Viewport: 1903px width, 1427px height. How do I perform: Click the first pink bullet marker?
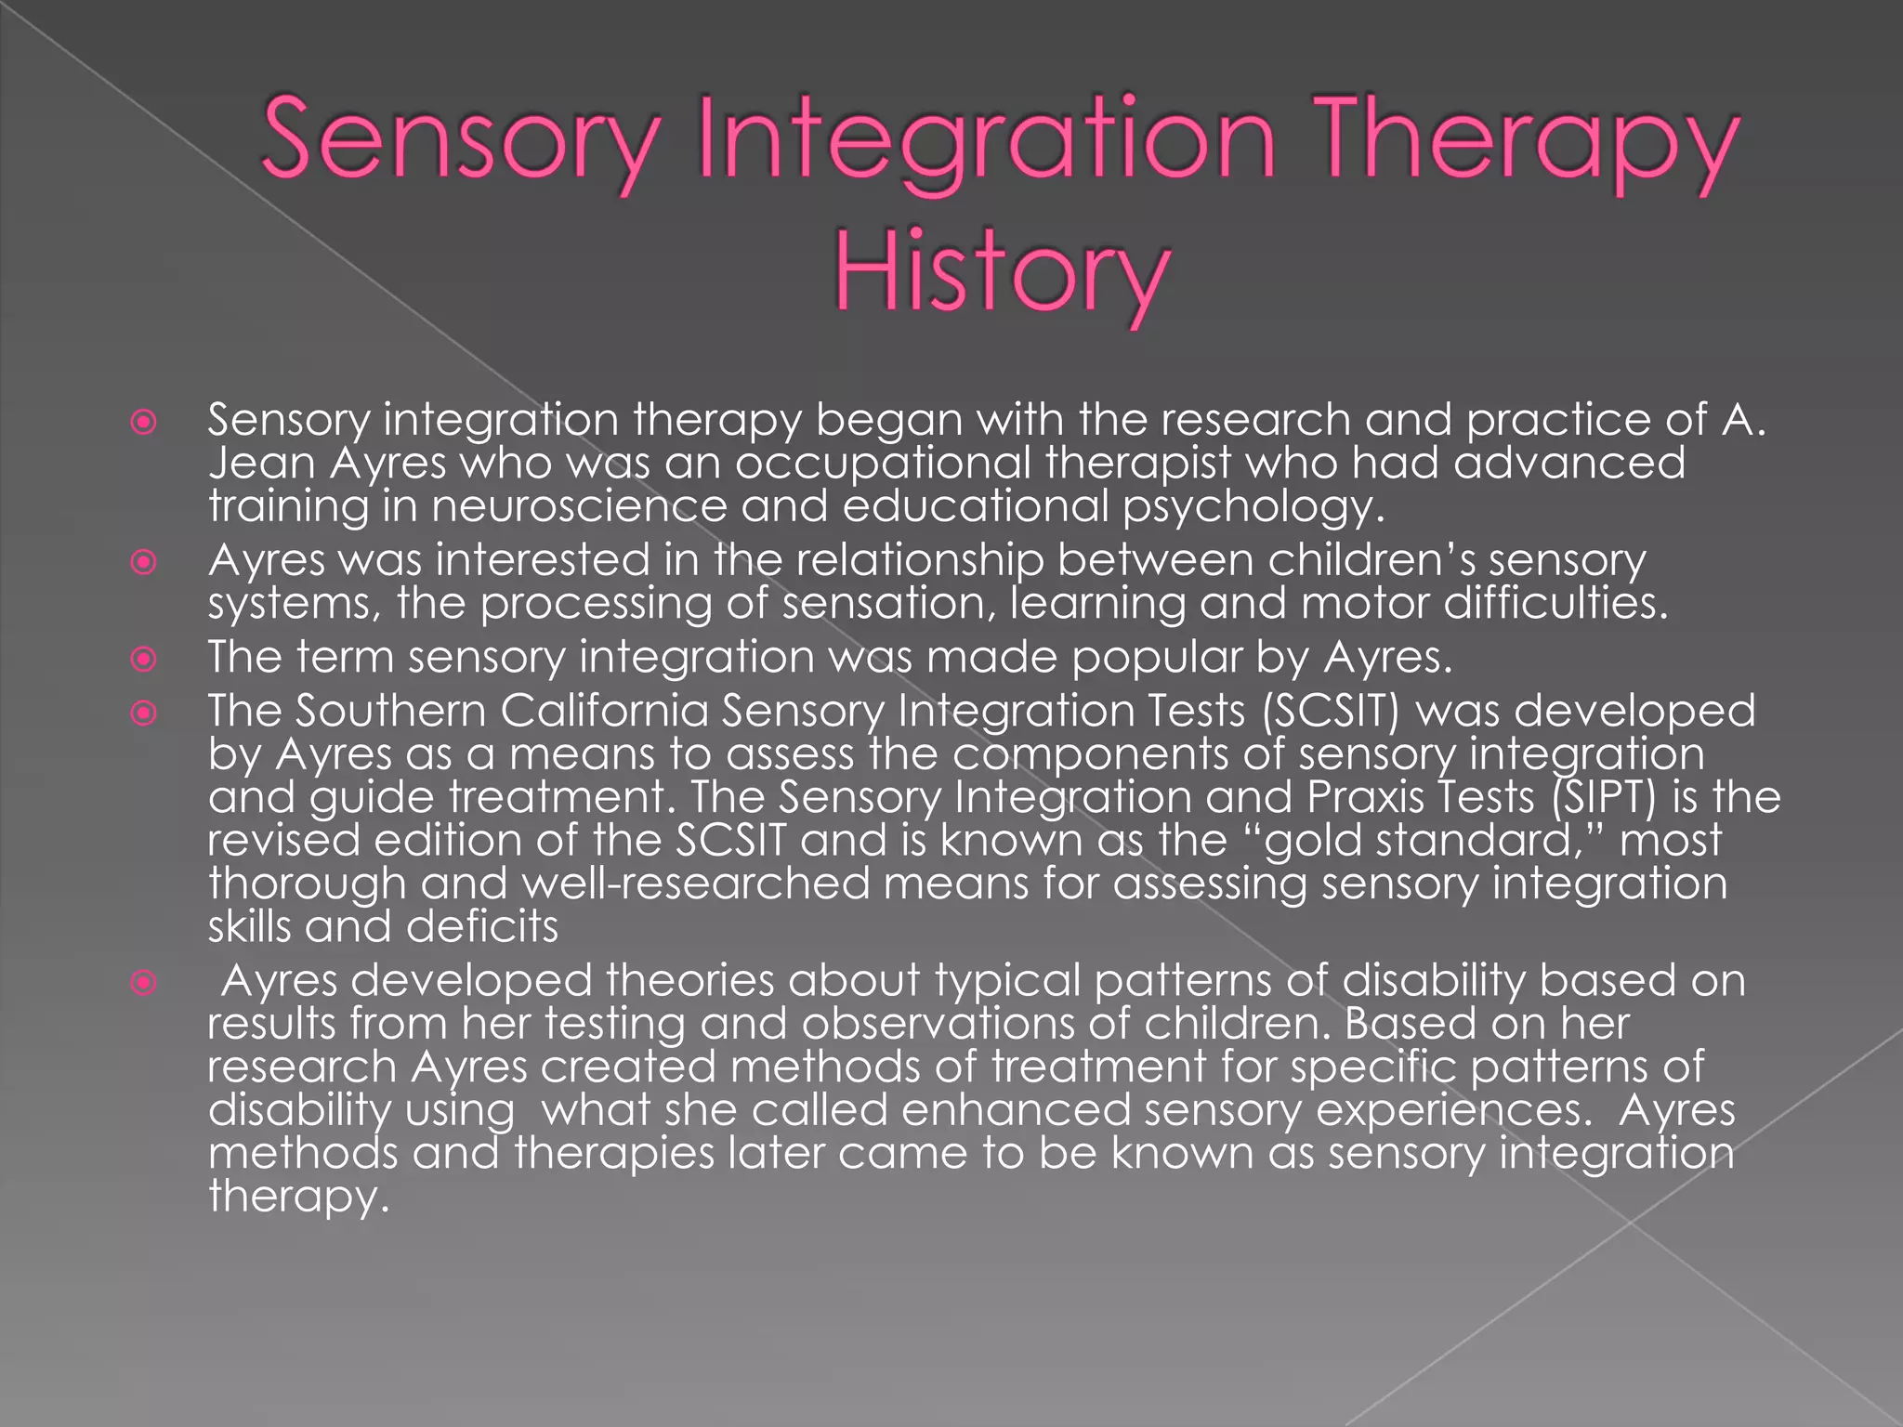(x=143, y=424)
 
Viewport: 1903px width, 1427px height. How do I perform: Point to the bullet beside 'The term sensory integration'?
(x=143, y=660)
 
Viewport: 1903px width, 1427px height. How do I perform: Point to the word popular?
(x=1156, y=658)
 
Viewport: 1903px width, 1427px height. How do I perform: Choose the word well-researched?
(x=695, y=884)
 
